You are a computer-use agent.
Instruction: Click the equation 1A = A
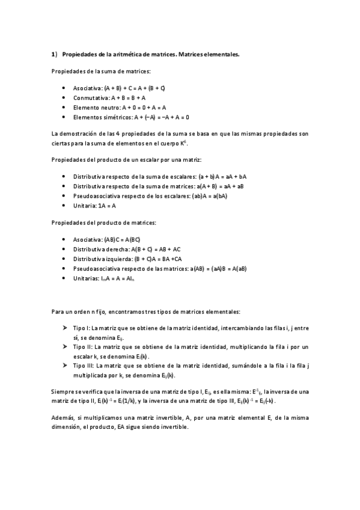[x=106, y=206]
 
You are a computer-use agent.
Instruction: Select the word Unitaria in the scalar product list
[x=84, y=206]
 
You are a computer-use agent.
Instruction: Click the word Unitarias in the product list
[x=85, y=278]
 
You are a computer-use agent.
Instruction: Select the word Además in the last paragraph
[x=63, y=417]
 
